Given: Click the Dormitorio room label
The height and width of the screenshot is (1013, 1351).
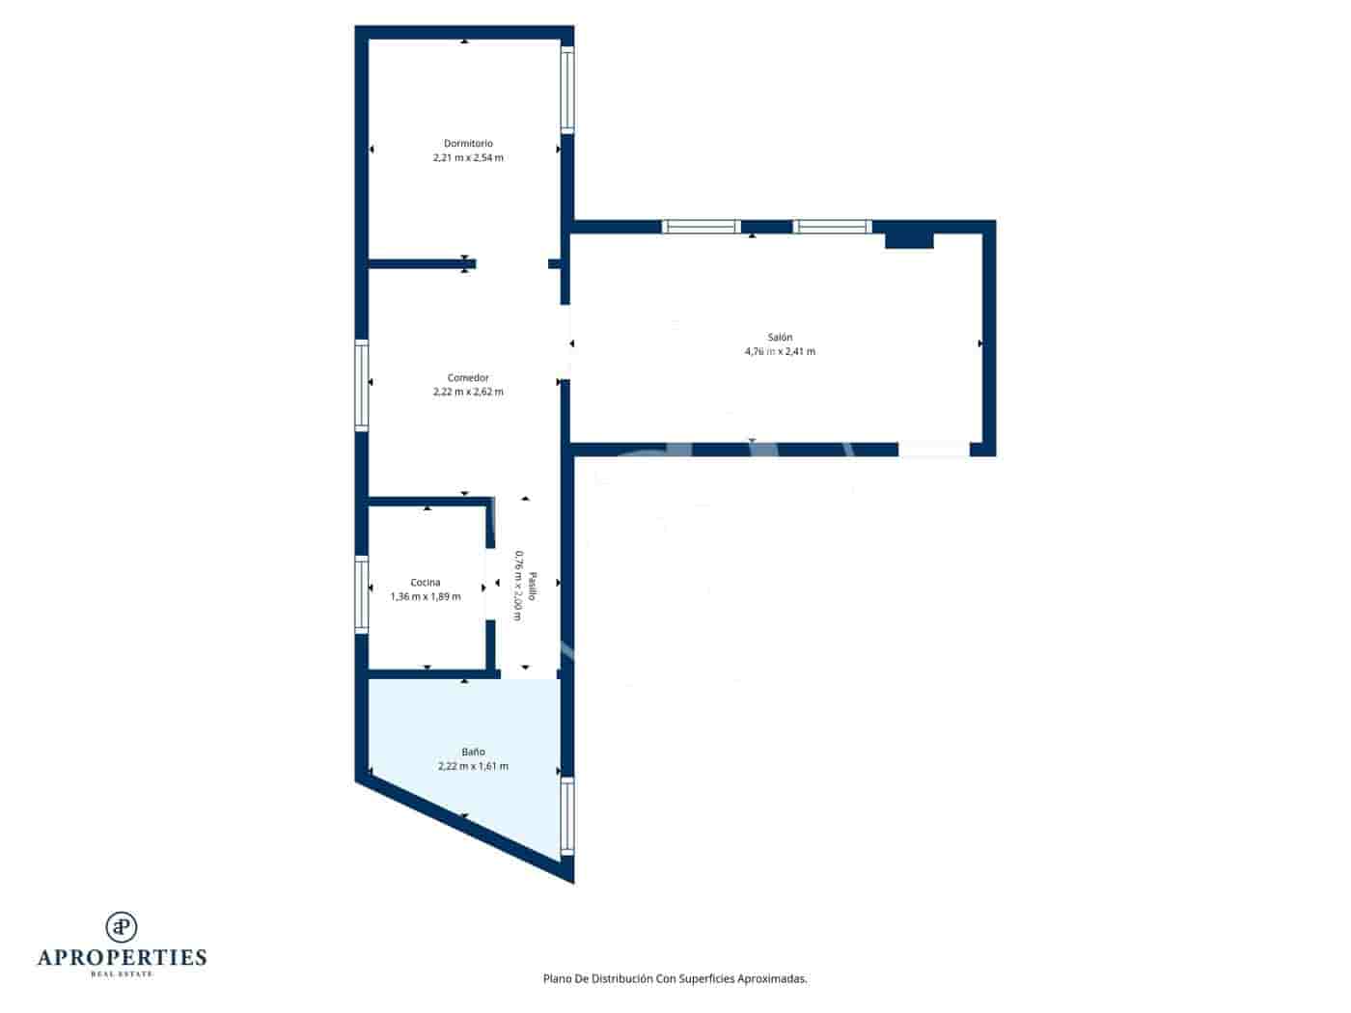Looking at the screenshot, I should coord(468,144).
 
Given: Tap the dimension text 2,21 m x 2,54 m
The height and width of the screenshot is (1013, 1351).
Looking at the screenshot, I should coord(468,157).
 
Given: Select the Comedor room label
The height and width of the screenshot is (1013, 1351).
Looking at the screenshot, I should coord(468,378).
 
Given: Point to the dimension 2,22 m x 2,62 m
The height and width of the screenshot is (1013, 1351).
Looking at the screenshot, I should coord(468,392).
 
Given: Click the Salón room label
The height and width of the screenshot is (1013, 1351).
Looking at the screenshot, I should coord(780,338).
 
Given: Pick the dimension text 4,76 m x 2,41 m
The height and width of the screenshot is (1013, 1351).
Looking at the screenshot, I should coord(780,351).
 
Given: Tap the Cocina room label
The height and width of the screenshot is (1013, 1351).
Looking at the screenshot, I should coord(426,583).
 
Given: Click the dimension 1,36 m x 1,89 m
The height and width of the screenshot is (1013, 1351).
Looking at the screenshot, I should coord(426,596).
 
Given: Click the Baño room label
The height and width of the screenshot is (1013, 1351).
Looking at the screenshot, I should coord(473,752).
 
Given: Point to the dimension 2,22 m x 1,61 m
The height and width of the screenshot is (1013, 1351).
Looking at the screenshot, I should coord(473,766).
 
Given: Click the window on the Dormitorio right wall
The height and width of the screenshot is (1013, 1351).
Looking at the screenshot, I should coord(567,90).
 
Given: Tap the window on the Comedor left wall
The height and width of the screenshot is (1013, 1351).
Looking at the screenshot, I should coord(362,384).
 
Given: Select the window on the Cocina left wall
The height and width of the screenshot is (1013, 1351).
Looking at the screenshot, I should coord(362,594).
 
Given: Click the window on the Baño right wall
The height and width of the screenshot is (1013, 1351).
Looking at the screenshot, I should coord(567,816).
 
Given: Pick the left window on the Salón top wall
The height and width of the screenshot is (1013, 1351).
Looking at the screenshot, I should coord(701,227).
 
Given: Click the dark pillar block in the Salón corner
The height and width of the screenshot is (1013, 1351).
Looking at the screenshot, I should coord(909,238).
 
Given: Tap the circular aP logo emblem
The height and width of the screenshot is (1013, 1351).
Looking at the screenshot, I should coord(122,927).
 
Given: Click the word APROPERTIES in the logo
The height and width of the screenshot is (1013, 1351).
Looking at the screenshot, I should coord(122,958).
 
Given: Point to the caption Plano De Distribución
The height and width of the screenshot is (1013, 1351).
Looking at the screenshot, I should coord(675,978).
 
